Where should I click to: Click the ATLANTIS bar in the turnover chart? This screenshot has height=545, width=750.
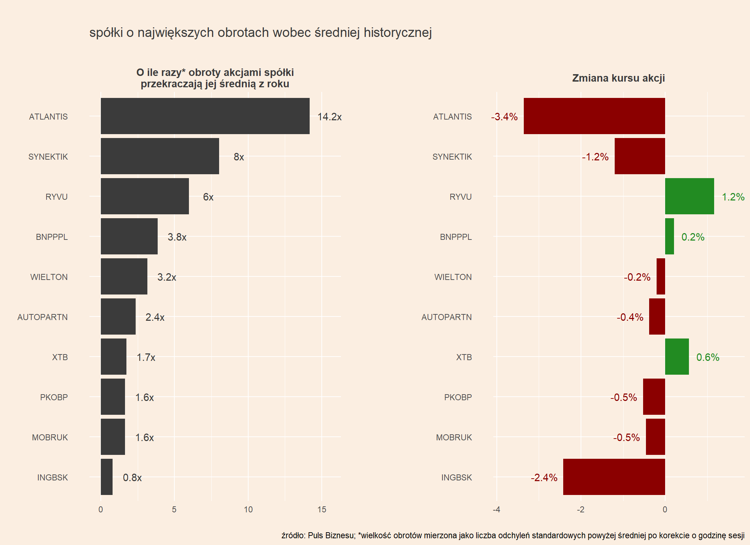click(x=205, y=116)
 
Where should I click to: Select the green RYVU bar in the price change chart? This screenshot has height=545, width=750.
click(x=689, y=196)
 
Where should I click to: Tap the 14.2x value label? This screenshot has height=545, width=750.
click(x=329, y=117)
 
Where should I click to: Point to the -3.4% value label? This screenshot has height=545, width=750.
click(x=504, y=117)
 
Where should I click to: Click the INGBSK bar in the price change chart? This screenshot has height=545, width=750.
click(x=614, y=477)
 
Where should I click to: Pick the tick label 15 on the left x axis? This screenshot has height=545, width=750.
click(x=322, y=510)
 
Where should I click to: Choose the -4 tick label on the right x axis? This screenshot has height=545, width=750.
click(x=496, y=510)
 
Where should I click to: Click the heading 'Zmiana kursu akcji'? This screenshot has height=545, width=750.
click(x=618, y=78)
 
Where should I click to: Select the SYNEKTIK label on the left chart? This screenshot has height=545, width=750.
click(x=48, y=157)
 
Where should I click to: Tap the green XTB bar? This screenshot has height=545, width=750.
click(x=677, y=357)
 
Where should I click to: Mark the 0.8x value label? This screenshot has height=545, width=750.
click(x=132, y=478)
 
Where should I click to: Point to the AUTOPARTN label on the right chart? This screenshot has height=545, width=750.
click(x=446, y=317)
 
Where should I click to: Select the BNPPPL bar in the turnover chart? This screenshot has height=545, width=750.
click(x=129, y=236)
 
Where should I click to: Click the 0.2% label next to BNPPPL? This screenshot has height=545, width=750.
click(x=692, y=237)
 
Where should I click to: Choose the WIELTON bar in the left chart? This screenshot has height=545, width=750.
click(x=124, y=276)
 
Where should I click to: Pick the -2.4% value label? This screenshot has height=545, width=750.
click(x=544, y=478)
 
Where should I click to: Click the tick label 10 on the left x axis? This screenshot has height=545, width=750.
click(x=248, y=510)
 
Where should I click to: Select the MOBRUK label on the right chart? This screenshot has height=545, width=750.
click(x=454, y=437)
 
